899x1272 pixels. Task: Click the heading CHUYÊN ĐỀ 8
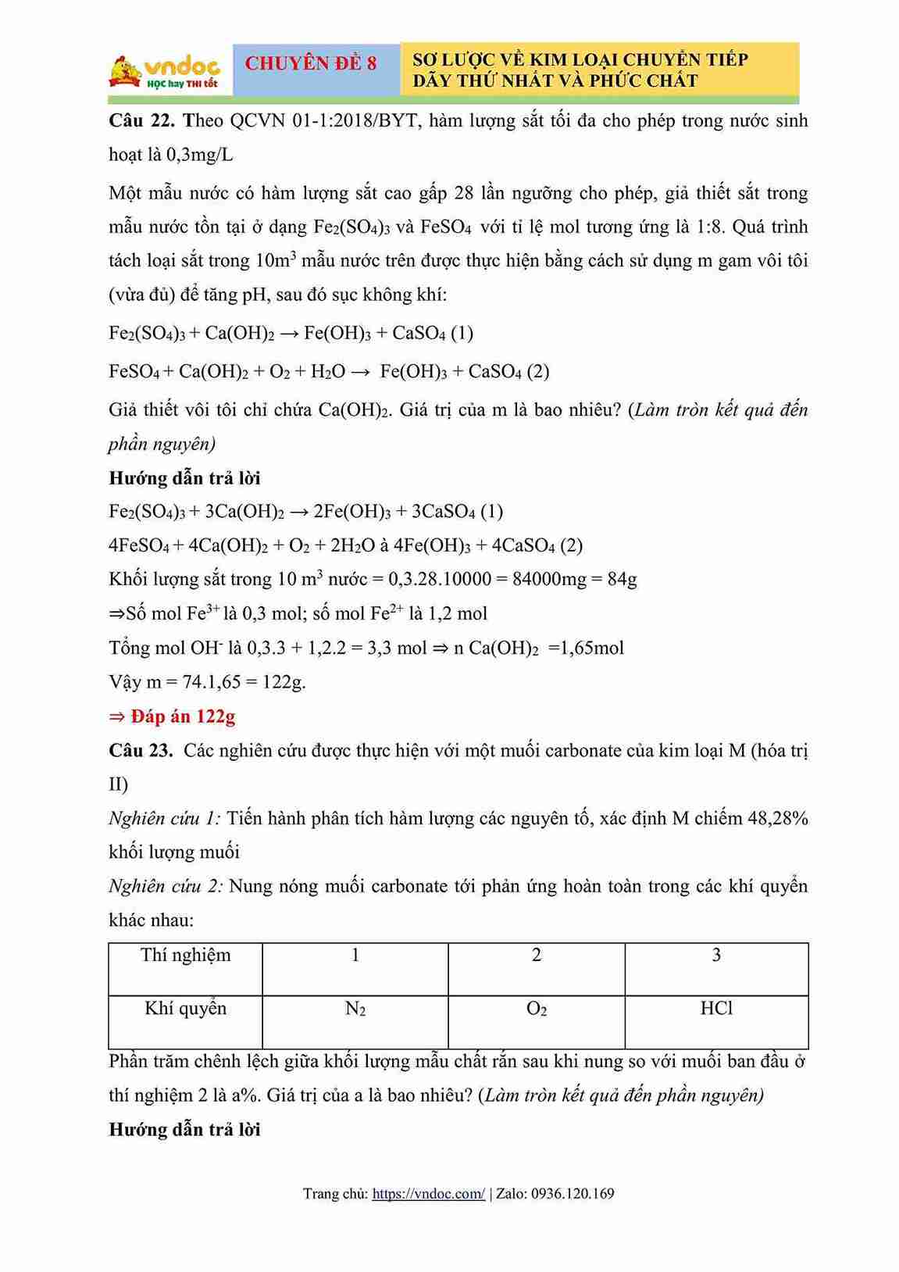[x=310, y=63]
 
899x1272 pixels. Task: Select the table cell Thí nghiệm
[x=186, y=955]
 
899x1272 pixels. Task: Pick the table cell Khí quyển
[x=186, y=1009]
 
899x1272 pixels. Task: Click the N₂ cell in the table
[x=355, y=1009]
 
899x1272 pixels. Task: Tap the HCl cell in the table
[x=716, y=1009]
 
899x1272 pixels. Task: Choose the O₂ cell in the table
[x=537, y=1009]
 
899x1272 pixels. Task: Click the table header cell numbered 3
[x=716, y=955]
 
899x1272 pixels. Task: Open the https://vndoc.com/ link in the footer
[x=428, y=1193]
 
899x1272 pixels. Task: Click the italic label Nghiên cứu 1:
[x=165, y=818]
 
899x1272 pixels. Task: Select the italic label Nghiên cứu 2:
[x=166, y=886]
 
